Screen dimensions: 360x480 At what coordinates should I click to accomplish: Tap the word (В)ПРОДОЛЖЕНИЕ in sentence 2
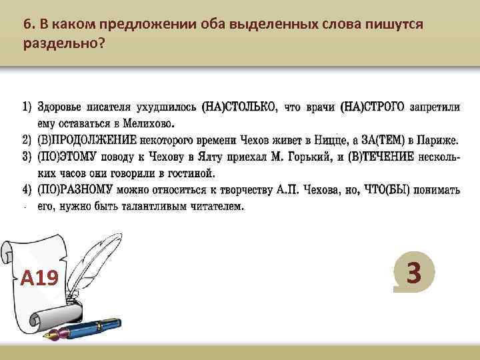87,140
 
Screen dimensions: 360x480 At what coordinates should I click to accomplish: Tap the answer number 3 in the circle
414,273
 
